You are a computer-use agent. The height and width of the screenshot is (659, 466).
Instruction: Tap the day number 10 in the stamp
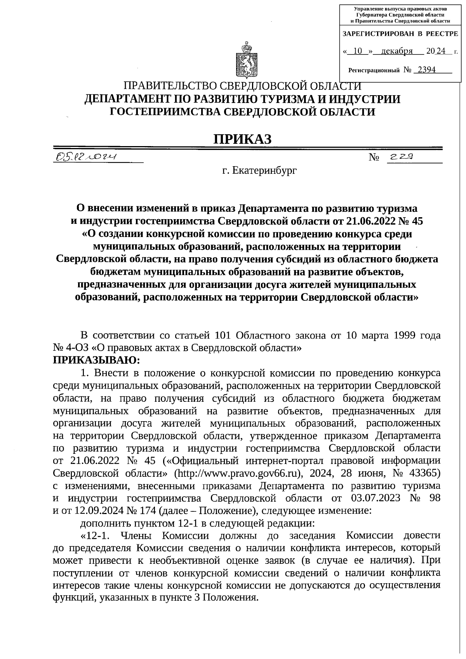point(358,51)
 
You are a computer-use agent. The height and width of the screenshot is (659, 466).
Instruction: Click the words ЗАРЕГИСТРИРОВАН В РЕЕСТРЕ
point(400,34)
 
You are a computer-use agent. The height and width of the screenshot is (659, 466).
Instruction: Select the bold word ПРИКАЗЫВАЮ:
point(97,360)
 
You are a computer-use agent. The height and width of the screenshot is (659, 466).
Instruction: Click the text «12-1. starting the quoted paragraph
point(94,536)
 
